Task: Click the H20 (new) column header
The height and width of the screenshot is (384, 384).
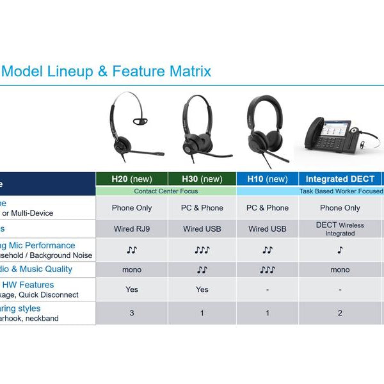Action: pos(132,179)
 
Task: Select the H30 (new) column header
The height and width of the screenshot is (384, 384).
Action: pos(202,179)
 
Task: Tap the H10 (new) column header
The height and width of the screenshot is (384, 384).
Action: pos(268,179)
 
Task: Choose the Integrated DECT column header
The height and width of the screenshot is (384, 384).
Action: pos(340,179)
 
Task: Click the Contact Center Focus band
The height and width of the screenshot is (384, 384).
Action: pos(166,191)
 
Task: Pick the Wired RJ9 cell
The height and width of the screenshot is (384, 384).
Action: pos(132,229)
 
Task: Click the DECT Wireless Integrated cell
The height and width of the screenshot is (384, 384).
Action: pos(340,229)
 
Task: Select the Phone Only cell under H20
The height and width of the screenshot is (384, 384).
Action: pos(132,208)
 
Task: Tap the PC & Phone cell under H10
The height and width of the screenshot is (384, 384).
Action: pos(268,208)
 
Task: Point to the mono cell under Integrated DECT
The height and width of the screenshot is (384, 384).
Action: pos(340,270)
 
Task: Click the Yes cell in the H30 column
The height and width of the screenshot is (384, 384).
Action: pos(202,289)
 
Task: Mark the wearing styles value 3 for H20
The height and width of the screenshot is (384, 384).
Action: pos(132,313)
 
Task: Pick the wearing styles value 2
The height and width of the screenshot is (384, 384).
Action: pos(340,313)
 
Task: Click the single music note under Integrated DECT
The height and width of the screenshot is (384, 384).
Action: pos(340,250)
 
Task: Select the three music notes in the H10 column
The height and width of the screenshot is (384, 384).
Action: pos(268,270)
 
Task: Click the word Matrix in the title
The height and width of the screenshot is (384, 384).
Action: pos(188,71)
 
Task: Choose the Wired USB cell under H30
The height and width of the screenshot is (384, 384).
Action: pos(202,229)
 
